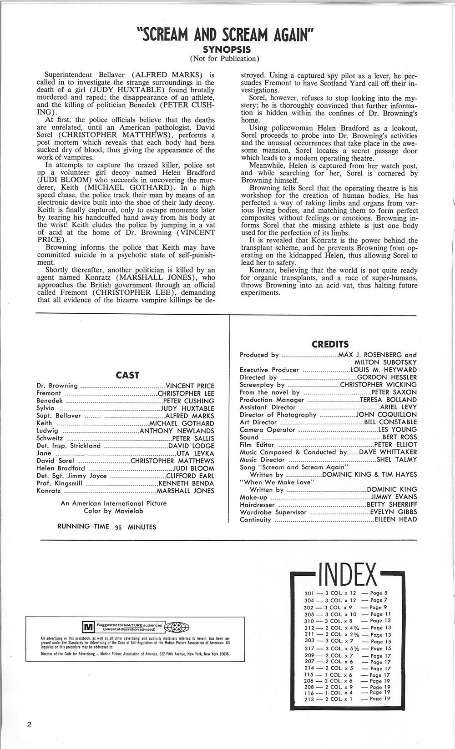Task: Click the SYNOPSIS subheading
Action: pos(227,49)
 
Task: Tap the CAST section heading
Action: pos(127,375)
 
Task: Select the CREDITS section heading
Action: pos(330,344)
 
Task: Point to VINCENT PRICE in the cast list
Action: pos(190,386)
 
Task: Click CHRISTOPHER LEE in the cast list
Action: pos(186,393)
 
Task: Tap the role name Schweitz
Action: pos(50,438)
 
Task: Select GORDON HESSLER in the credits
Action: pos(387,377)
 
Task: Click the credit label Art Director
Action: pos(258,422)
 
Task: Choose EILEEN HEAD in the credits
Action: pos(395,519)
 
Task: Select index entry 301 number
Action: pos(309,593)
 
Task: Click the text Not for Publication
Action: pos(227,58)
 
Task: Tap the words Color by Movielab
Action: pos(113,511)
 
